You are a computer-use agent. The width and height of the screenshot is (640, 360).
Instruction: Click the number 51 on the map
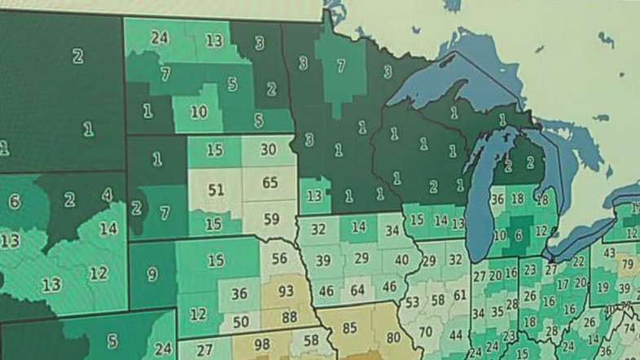215,190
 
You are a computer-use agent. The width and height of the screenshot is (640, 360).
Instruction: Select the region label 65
270,182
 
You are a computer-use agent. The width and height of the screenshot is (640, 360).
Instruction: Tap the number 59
270,218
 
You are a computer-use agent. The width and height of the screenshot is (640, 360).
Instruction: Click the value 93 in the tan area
286,291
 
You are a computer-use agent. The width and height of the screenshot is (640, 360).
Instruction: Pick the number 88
289,316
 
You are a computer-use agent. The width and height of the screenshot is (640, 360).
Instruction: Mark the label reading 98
261,344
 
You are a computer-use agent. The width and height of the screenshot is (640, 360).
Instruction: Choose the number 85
349,328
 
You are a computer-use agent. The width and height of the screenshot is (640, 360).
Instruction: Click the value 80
393,336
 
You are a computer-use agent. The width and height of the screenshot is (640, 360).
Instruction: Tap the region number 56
279,258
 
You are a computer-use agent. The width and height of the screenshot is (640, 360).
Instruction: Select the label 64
357,290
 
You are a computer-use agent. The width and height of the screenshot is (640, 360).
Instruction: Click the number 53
413,302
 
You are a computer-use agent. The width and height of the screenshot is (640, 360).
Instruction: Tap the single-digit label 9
152,274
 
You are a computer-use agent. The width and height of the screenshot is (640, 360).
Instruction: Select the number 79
626,265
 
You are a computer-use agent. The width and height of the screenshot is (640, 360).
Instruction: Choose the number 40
401,260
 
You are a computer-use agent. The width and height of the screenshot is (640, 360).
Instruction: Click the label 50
240,322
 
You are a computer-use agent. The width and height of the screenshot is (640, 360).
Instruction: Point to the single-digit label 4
107,195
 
